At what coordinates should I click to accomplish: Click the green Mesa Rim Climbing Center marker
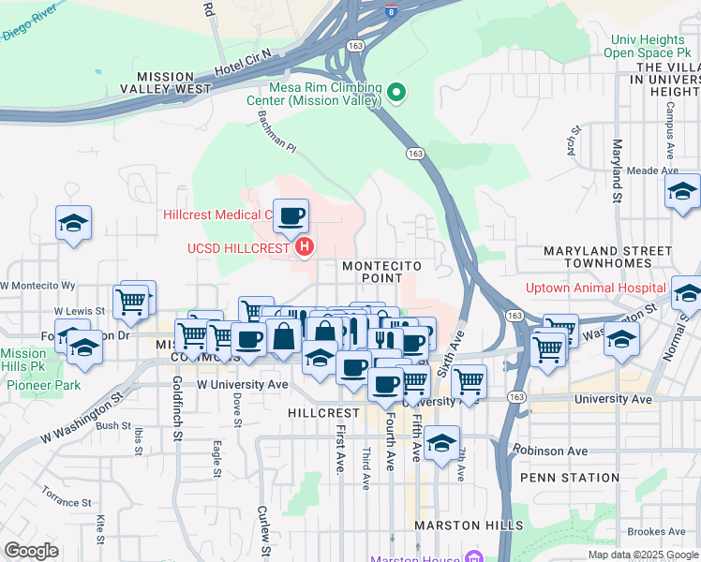click(x=396, y=92)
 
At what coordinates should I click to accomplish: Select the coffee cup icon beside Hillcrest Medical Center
click(x=291, y=217)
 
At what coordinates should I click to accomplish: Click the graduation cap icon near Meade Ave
click(x=683, y=192)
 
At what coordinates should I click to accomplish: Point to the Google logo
click(x=31, y=551)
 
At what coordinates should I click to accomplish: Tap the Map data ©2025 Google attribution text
click(x=642, y=555)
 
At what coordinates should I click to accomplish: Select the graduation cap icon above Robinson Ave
click(x=441, y=445)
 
